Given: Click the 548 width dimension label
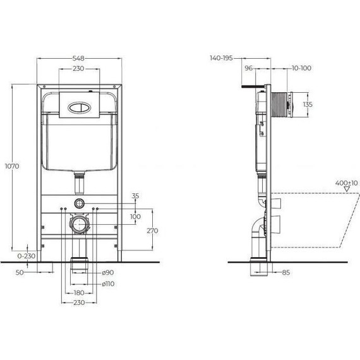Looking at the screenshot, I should point(79,57).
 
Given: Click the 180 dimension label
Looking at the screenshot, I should point(79,294).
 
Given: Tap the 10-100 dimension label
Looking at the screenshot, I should point(301,68).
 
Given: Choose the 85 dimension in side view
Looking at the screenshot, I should point(285,273).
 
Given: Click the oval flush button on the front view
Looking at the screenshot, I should point(79,106).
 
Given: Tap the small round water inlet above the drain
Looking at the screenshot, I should point(79,203).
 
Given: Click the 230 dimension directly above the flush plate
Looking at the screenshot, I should point(79,68).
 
